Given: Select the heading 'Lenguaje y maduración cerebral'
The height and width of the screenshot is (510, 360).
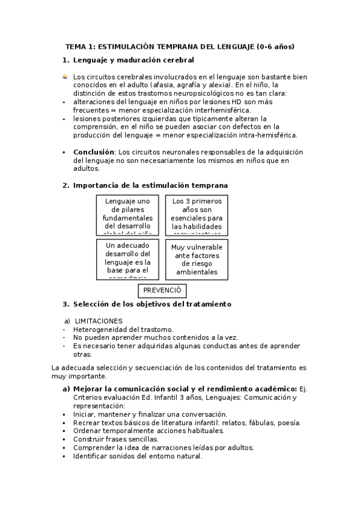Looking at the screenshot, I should pos(133,60).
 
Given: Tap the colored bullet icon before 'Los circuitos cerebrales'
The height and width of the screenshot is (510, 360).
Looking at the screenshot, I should pos(64,77).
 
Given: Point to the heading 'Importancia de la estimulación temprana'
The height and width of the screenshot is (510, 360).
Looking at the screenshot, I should pos(150,185).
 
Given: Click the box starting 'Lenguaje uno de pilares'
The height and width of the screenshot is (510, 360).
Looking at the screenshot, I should pos(127,214).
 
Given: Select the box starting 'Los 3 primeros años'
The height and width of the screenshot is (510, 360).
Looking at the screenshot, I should pos(197,214).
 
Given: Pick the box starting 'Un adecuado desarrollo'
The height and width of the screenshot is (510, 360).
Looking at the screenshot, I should pos(127,259).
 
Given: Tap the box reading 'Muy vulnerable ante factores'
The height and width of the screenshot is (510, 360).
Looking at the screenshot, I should pos(197,259).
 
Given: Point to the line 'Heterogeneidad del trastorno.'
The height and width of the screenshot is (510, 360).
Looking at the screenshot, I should pos(123,329).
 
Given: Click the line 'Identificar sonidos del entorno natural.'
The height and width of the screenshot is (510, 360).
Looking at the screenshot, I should pos(138,456).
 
